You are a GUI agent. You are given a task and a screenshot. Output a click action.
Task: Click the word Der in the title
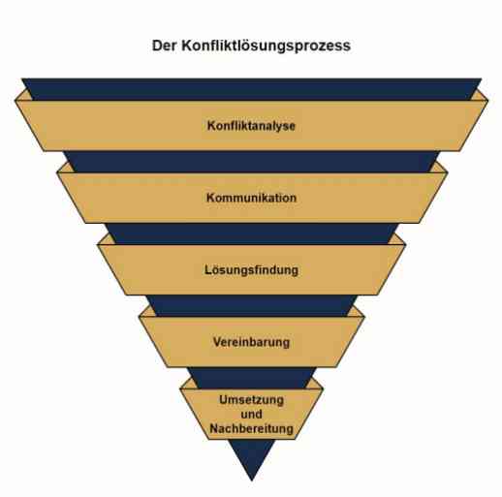point(165,46)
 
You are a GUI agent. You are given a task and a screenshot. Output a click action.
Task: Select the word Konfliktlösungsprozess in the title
point(266,46)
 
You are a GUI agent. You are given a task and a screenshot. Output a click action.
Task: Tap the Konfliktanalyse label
point(251,126)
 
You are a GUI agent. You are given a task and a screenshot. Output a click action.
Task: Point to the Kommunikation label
point(251,198)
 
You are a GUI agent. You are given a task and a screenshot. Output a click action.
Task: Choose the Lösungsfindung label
point(251,270)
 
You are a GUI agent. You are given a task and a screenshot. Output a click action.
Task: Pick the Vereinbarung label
point(251,342)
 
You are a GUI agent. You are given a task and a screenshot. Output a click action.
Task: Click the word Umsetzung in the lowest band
point(251,400)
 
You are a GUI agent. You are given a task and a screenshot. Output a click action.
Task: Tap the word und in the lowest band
point(251,414)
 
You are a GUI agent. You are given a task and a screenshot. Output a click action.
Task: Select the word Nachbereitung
point(251,428)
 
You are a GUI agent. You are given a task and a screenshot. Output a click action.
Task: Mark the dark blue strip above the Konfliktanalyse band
point(251,89)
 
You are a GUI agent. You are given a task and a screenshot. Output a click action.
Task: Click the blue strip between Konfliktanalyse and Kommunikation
point(251,162)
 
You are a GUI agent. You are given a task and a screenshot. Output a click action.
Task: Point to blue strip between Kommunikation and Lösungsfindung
point(251,233)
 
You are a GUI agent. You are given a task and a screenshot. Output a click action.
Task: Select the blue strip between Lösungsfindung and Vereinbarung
point(252,306)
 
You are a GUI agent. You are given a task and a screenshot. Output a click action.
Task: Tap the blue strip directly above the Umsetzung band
point(252,378)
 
